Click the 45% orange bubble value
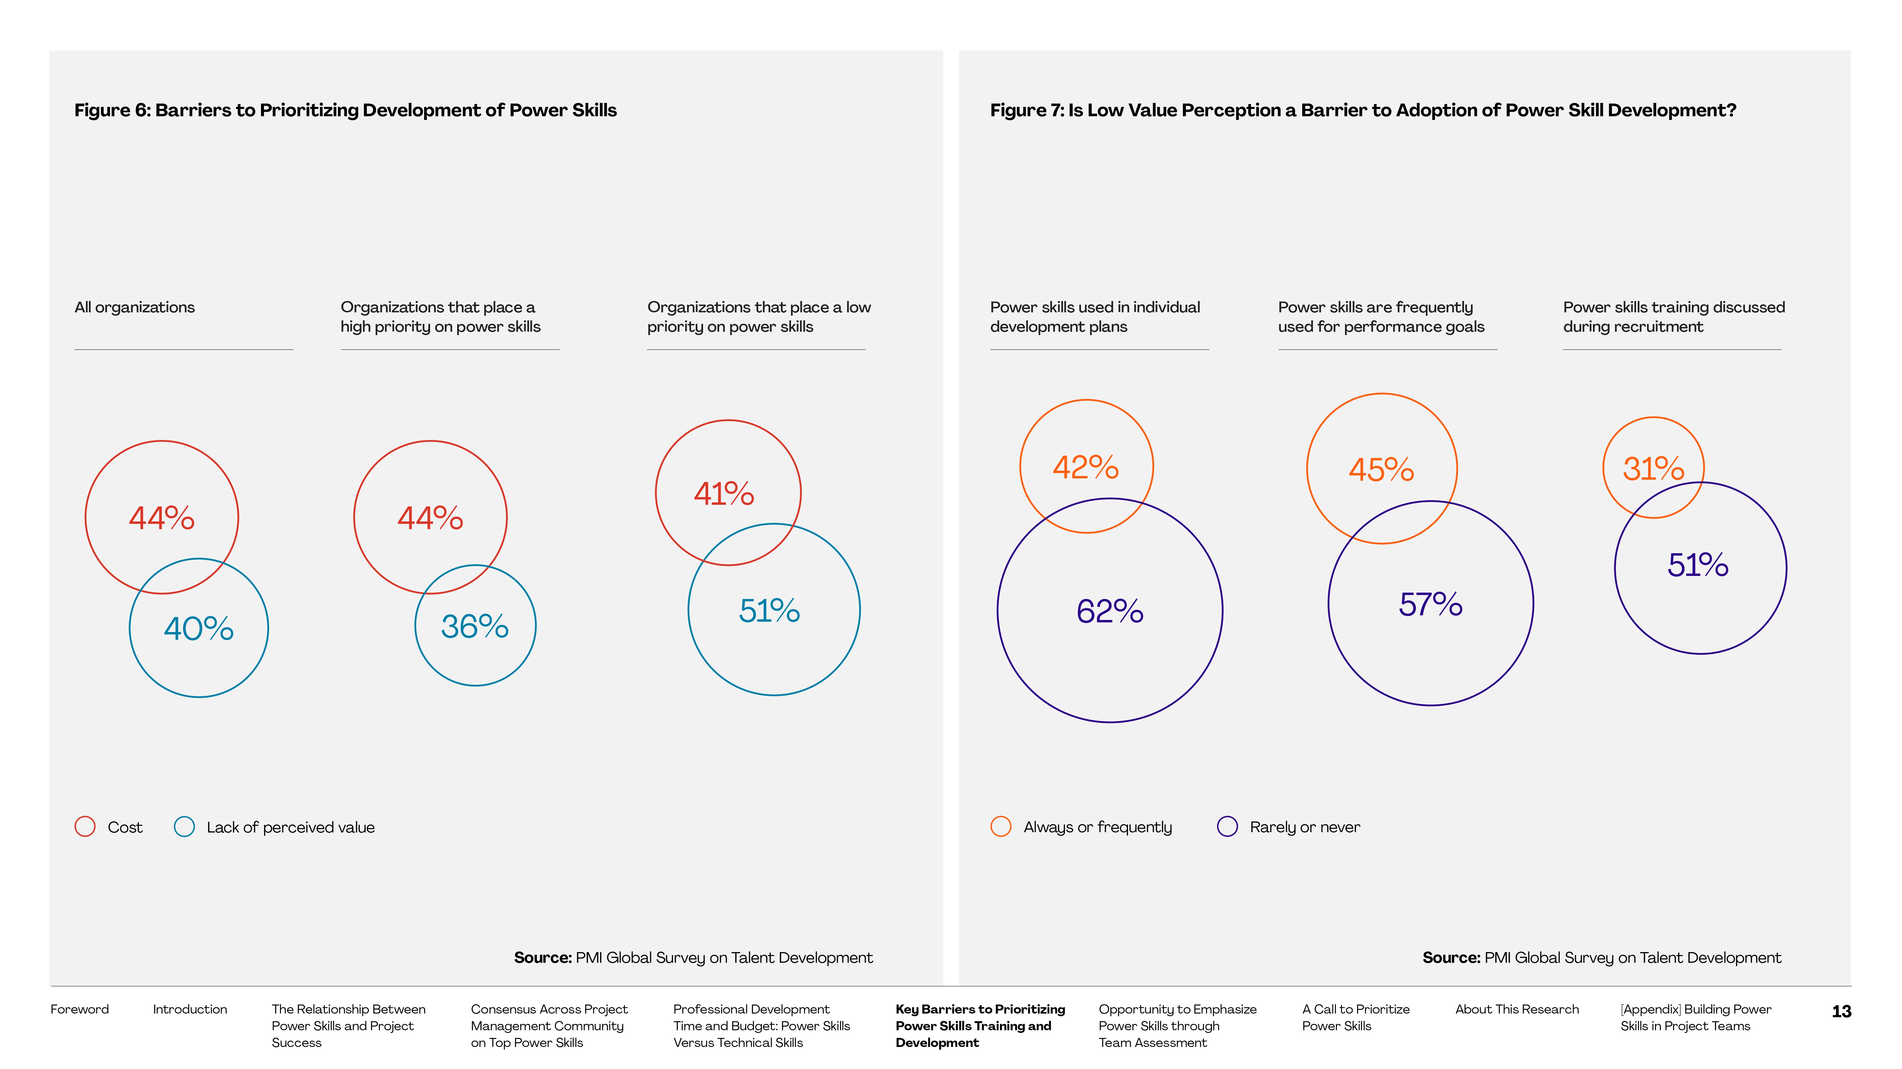point(1381,470)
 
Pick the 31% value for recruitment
point(1653,469)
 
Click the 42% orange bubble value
point(1085,467)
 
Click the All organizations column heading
point(134,307)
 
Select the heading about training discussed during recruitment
point(1673,317)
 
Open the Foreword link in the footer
point(79,1009)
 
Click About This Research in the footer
point(1517,1009)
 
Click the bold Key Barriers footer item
point(980,1026)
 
